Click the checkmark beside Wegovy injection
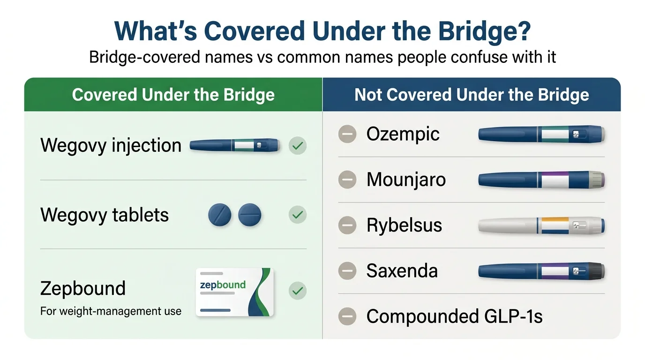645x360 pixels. click(297, 146)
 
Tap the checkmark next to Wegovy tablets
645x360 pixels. click(297, 215)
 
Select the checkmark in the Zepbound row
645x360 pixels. click(297, 291)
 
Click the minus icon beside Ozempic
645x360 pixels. click(347, 135)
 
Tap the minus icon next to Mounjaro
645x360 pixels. click(347, 180)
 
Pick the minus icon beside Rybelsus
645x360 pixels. click(347, 225)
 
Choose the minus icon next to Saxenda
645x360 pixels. click(347, 271)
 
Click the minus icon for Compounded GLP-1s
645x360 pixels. click(347, 317)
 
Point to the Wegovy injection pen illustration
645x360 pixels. click(234, 145)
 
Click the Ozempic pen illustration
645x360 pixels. click(541, 135)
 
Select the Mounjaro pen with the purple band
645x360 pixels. click(541, 180)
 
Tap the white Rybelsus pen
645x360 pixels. click(541, 225)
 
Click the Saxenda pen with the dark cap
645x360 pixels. click(541, 271)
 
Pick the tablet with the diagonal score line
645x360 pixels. click(219, 215)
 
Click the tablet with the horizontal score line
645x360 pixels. click(249, 215)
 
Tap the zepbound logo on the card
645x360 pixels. click(223, 285)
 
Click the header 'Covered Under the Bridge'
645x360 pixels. click(173, 95)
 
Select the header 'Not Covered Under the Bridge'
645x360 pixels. click(472, 95)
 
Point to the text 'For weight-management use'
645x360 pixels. click(111, 311)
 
